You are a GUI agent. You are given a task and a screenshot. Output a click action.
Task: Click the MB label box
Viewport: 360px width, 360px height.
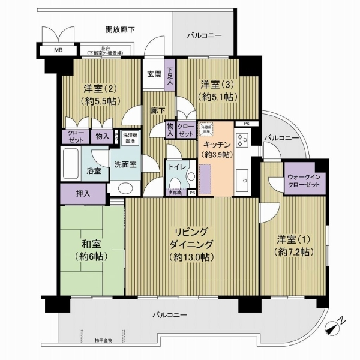click(59, 50)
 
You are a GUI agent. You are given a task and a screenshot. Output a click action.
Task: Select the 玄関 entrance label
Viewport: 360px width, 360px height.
click(154, 74)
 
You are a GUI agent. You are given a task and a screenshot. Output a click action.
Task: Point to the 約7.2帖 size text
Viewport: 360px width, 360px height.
click(295, 253)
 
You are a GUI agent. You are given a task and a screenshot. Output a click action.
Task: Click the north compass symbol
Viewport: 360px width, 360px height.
click(334, 328)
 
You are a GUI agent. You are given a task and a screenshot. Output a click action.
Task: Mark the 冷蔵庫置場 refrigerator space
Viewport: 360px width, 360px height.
click(207, 128)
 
